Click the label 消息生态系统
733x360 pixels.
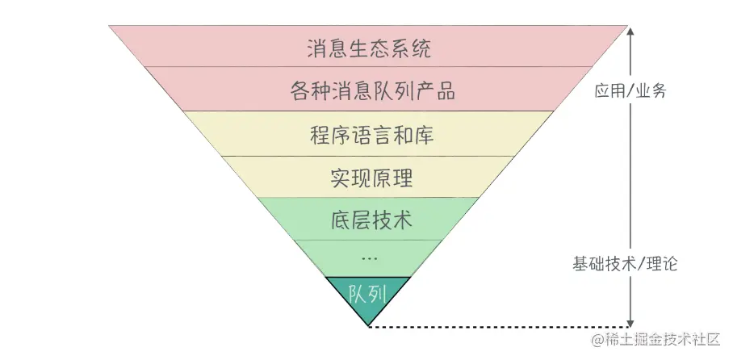pyautogui.click(x=369, y=48)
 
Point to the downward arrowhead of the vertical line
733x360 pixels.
pyautogui.click(x=630, y=320)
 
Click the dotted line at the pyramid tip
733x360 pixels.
pyautogui.click(x=501, y=326)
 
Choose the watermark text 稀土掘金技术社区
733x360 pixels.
pyautogui.click(x=662, y=340)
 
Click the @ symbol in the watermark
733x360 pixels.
pyautogui.click(x=597, y=341)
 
